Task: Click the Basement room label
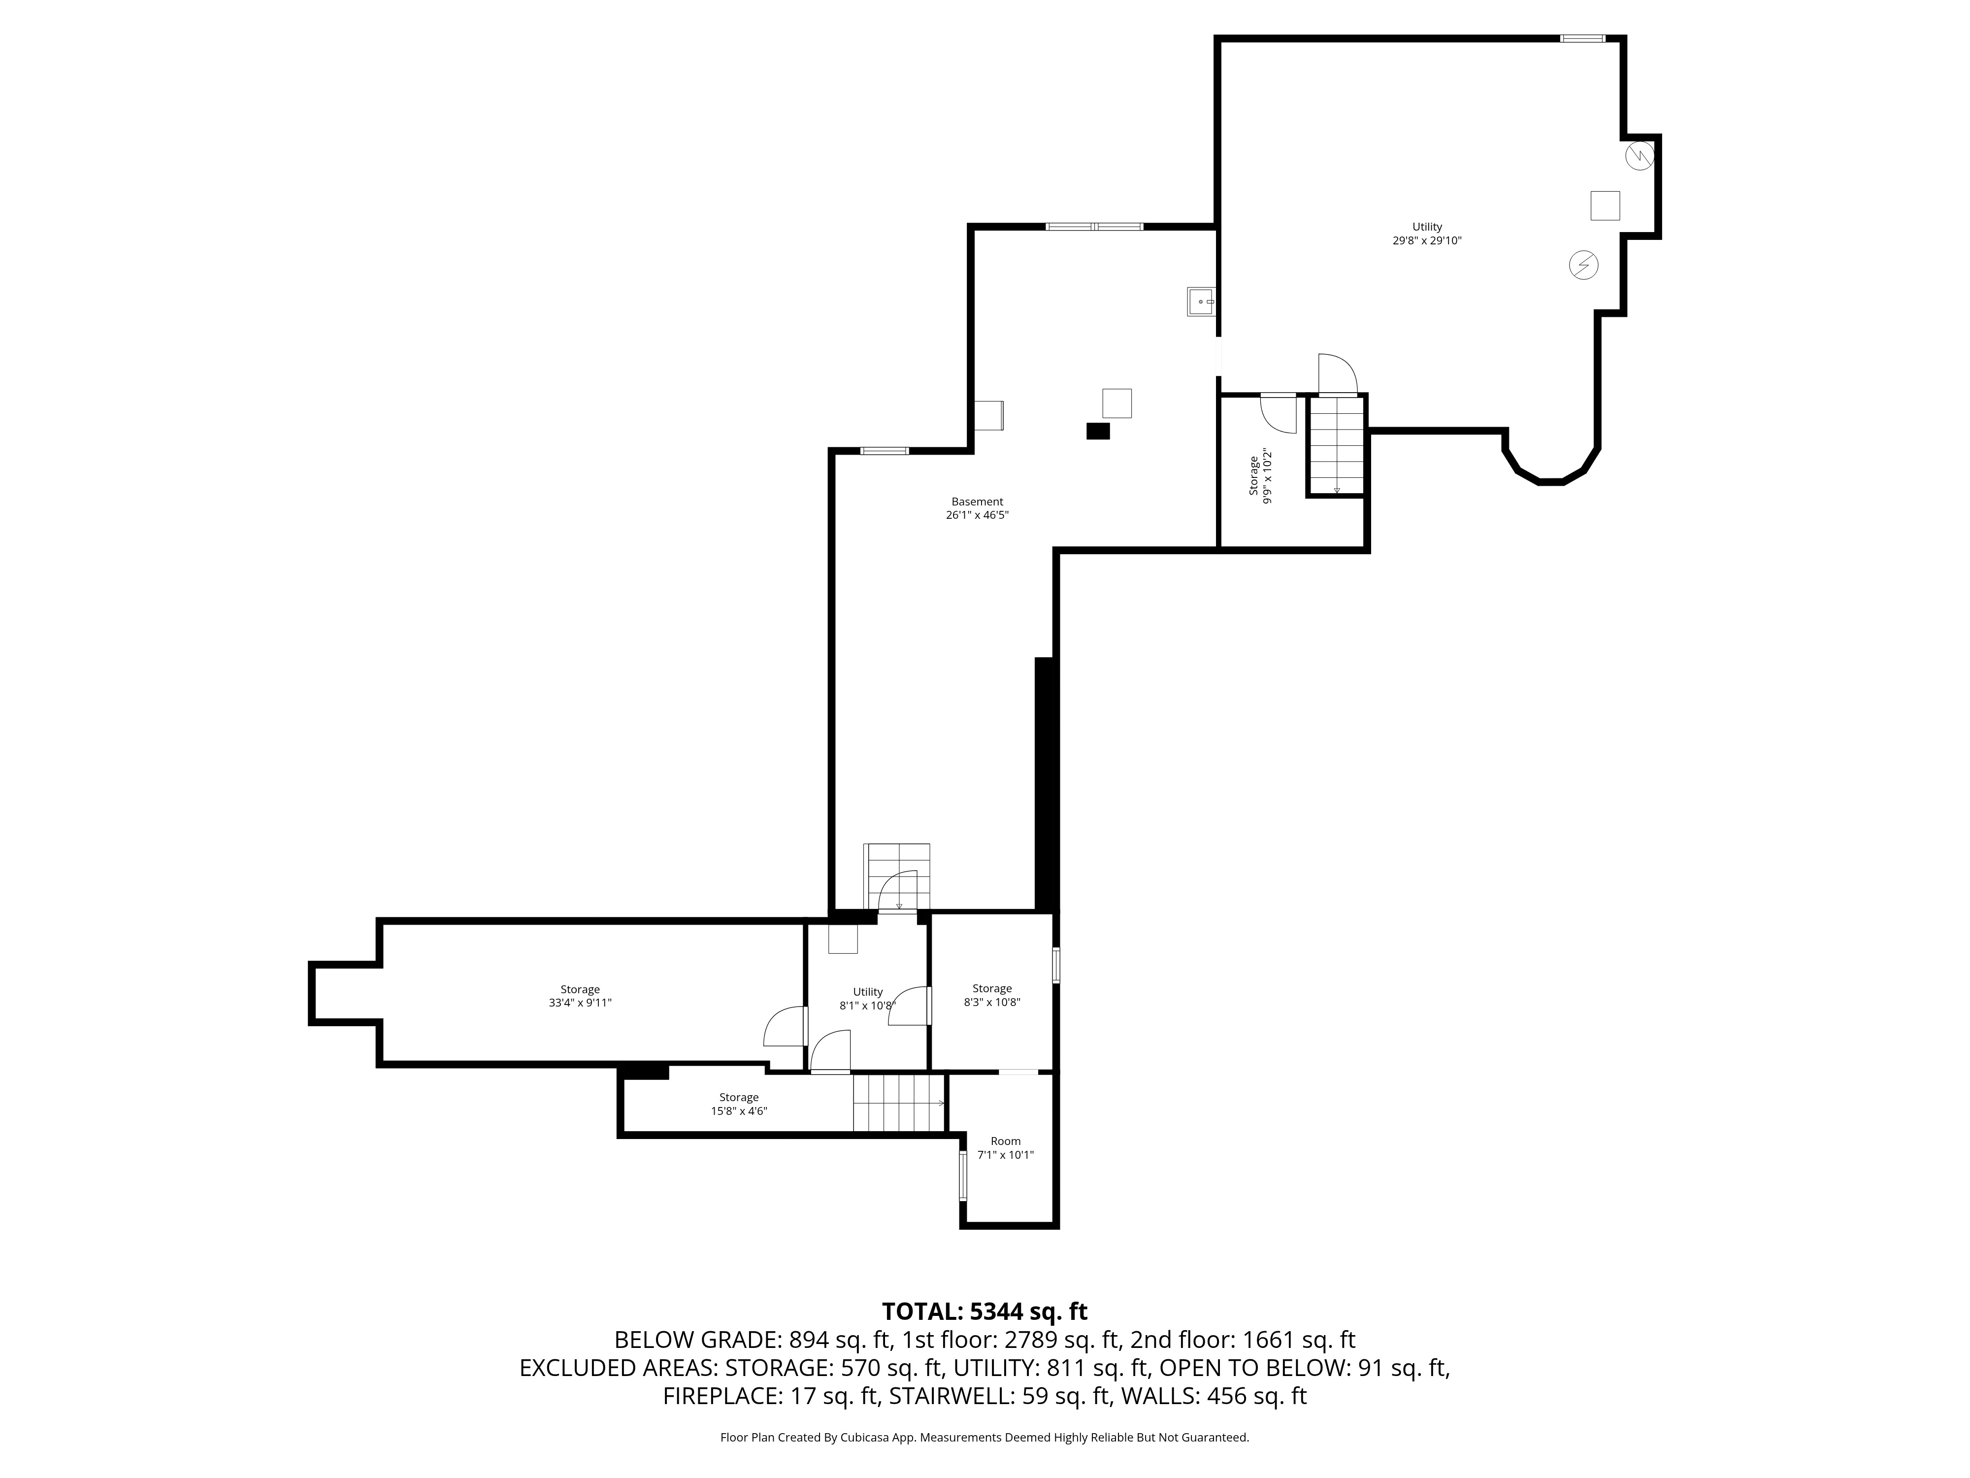tap(977, 502)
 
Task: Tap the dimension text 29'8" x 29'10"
tap(1427, 240)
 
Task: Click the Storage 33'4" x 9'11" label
tap(580, 996)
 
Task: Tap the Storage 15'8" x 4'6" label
tap(738, 1105)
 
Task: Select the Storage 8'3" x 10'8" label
tap(991, 995)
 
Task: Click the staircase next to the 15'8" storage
tap(898, 1103)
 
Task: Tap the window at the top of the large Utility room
tap(1582, 38)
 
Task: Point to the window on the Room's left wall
tap(963, 1175)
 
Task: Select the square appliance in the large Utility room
tap(1605, 206)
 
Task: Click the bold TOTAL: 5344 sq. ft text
tap(984, 1311)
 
